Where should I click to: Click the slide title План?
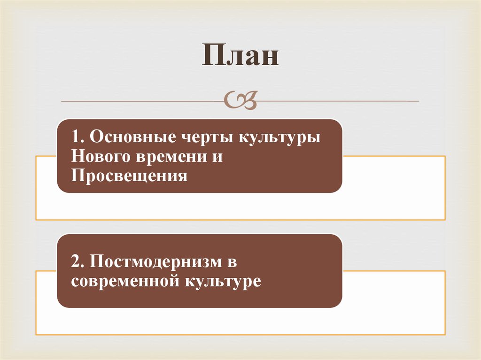coord(240,55)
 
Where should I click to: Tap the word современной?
coord(121,281)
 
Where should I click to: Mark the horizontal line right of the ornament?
coord(338,100)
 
